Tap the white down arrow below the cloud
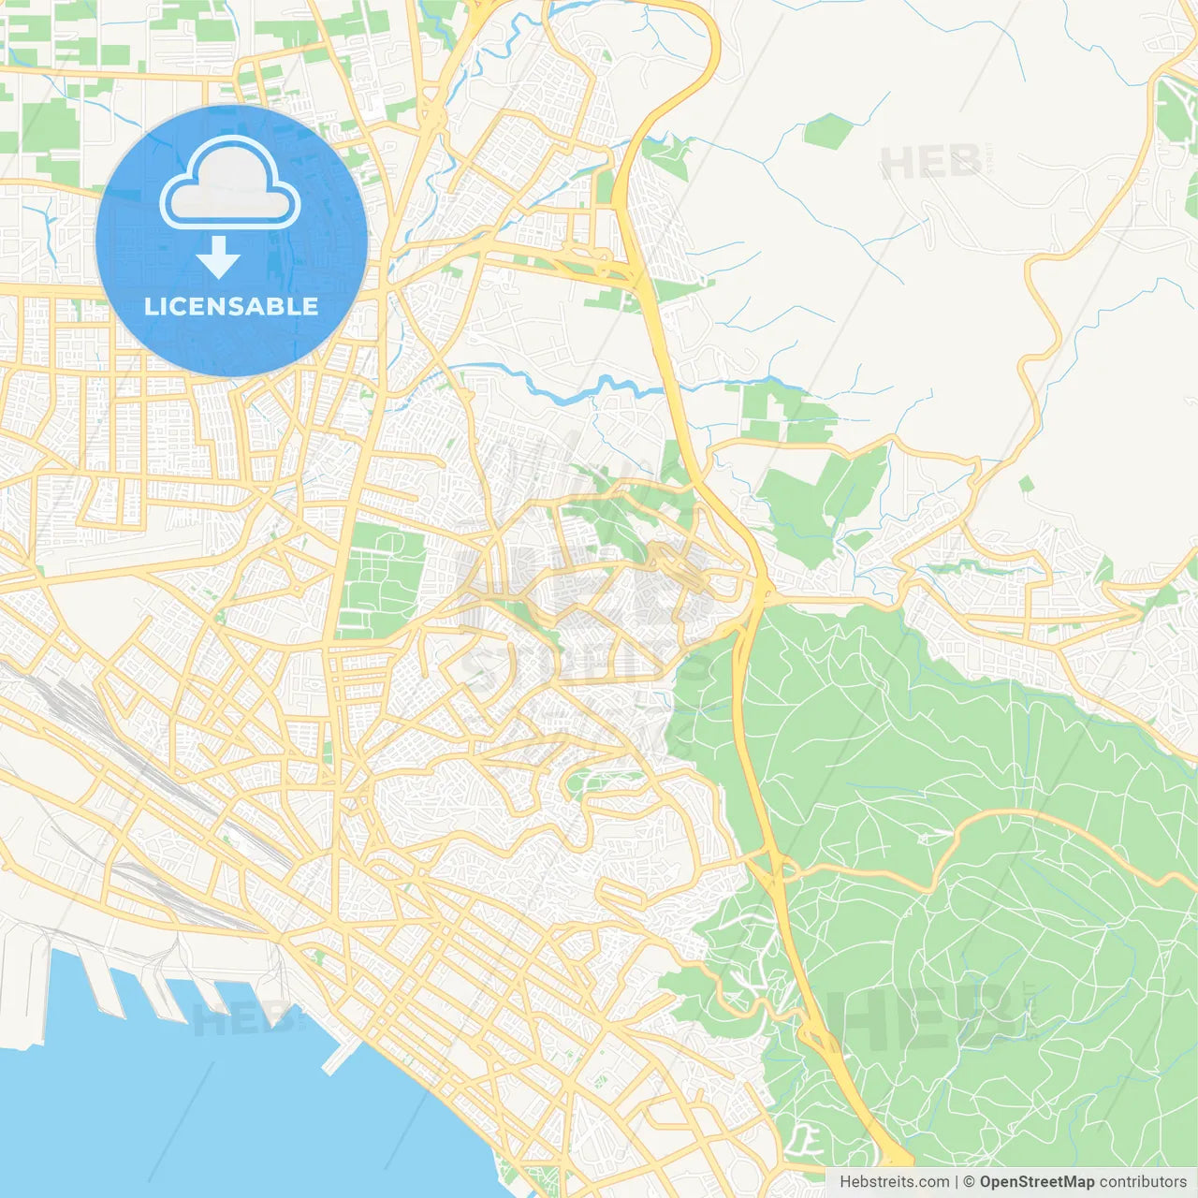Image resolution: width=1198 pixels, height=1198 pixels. (x=219, y=257)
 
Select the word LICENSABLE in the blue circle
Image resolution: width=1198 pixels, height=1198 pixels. (x=231, y=307)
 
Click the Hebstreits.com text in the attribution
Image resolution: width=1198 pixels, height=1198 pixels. (x=894, y=1182)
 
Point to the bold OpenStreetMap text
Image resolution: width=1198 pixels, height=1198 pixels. (x=1037, y=1182)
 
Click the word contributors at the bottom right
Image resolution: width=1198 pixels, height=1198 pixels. (x=1143, y=1182)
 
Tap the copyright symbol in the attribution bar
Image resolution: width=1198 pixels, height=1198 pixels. (x=969, y=1182)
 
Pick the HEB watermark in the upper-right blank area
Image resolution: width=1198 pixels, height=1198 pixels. (x=931, y=164)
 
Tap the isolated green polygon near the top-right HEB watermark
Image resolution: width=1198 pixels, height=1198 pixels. (x=827, y=131)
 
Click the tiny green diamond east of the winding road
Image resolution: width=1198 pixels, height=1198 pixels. (x=1027, y=484)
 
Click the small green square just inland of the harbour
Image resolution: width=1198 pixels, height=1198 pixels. (x=318, y=957)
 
